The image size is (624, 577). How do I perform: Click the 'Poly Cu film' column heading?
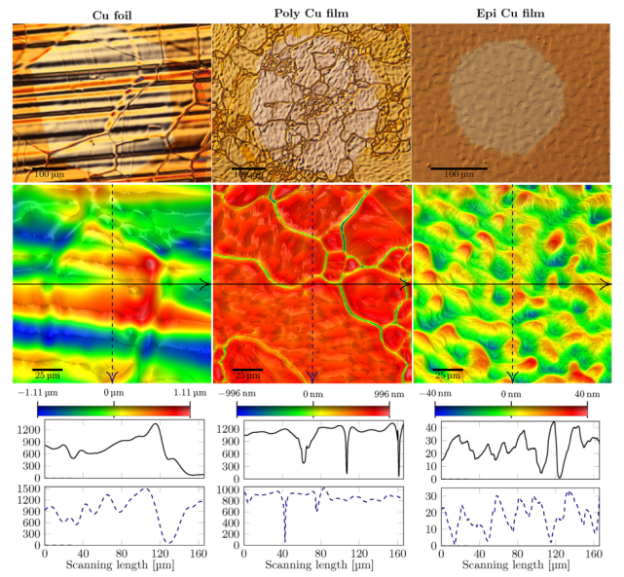(x=312, y=12)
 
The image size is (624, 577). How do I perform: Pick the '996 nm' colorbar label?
(x=388, y=393)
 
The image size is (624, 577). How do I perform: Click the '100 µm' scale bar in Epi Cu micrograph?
(x=458, y=170)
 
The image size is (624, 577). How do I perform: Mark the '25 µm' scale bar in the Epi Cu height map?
(x=447, y=372)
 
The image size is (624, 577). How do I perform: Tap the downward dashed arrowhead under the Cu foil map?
(x=113, y=376)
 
